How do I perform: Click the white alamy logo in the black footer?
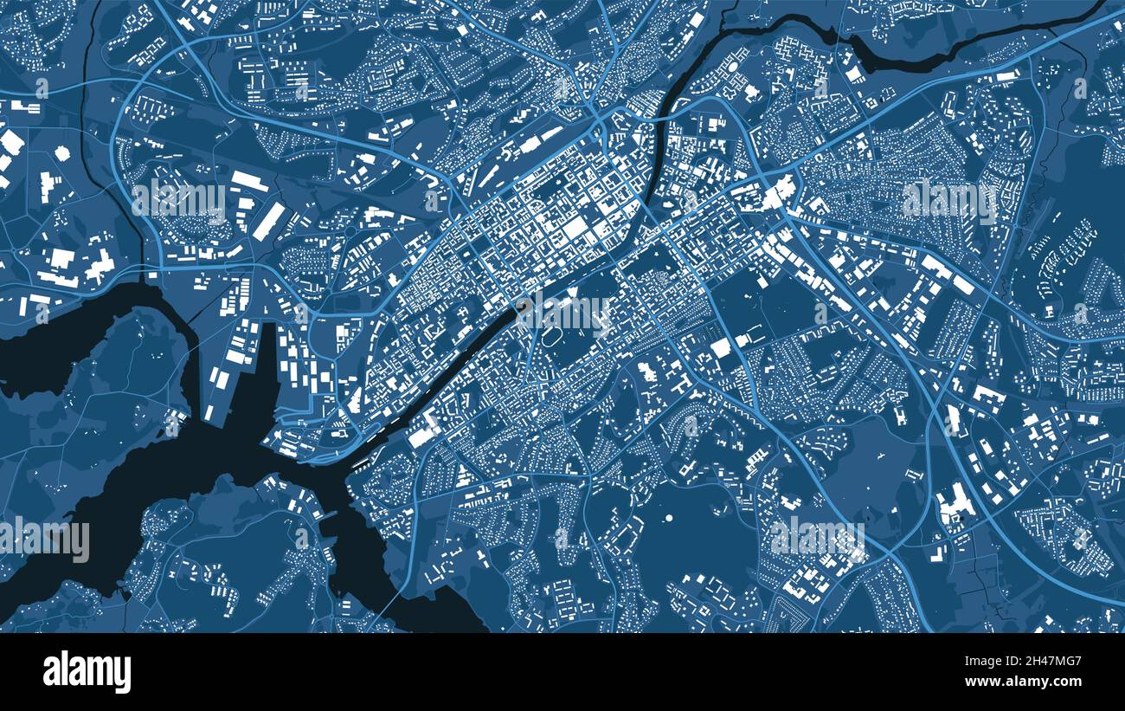coord(87,672)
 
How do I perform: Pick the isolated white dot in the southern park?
coord(669,518)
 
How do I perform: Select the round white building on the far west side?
coord(61,153)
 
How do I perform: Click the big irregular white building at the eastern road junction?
coord(777,193)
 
